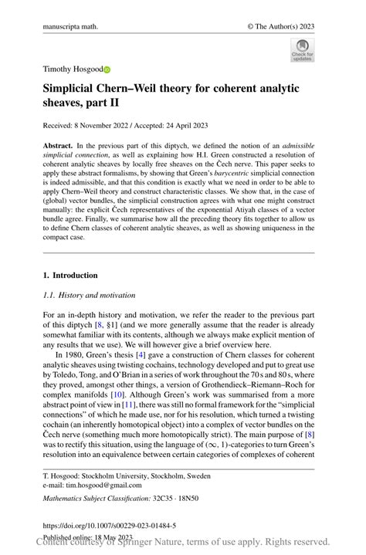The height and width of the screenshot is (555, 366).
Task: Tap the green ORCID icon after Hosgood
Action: (107, 69)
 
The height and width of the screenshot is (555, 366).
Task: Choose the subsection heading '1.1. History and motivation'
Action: (89, 295)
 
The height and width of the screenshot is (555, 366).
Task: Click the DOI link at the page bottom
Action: (109, 526)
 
